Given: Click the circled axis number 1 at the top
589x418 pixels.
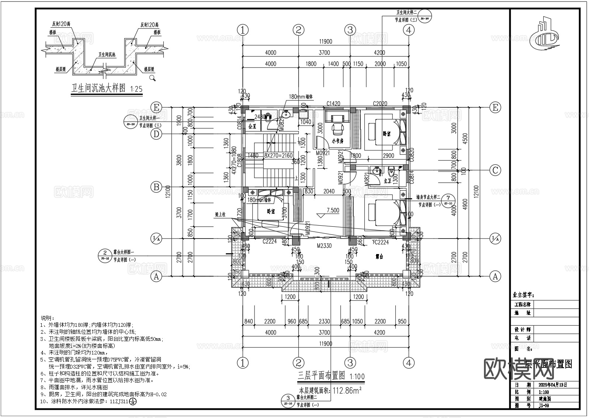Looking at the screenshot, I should (242, 30).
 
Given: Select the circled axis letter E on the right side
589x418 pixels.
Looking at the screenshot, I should (495, 107).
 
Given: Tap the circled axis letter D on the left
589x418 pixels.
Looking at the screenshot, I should (156, 134).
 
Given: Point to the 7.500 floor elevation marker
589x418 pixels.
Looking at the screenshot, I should (333, 210).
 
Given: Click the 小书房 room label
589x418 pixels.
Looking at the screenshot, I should (338, 141).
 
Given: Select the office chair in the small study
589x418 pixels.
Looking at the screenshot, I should (337, 129).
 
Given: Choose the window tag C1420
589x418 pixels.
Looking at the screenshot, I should (333, 104).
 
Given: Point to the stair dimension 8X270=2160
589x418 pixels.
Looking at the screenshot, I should (278, 156).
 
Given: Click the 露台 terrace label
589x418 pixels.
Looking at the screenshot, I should (379, 256).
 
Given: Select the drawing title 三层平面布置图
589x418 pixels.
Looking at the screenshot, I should (321, 376).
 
